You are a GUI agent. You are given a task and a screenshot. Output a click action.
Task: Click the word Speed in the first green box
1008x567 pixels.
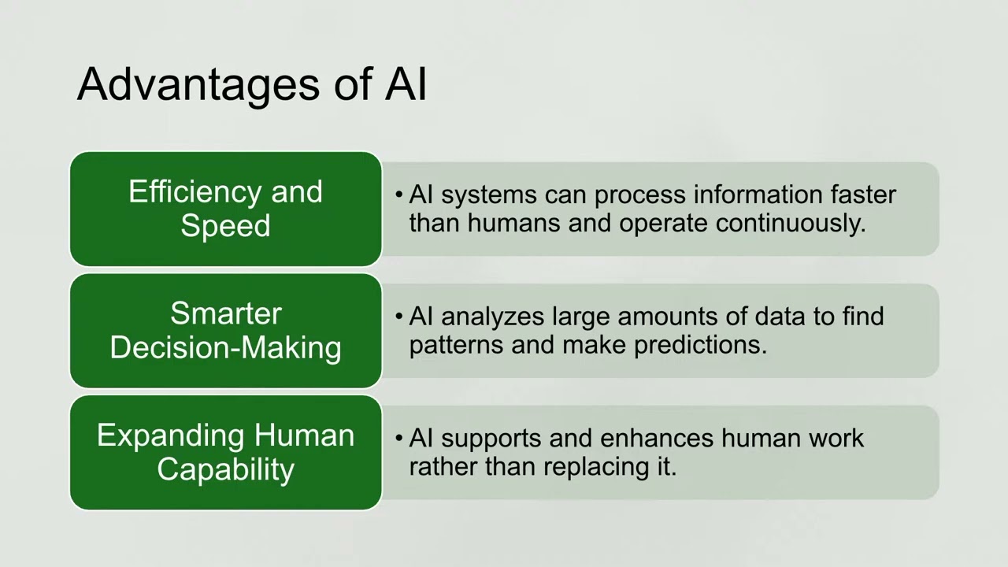[225, 226]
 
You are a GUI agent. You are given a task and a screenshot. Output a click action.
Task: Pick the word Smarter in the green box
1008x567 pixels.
[225, 313]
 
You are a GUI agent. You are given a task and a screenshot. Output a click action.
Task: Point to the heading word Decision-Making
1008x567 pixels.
[225, 347]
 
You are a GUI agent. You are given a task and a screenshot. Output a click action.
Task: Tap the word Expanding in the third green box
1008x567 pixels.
[169, 435]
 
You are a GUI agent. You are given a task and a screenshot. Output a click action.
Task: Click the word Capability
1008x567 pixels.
[225, 469]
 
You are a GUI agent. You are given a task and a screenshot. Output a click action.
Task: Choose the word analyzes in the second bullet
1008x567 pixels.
[493, 316]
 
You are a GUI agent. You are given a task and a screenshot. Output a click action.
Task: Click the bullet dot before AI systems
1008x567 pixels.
[399, 195]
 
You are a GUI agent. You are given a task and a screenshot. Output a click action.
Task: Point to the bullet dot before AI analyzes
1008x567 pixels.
[399, 317]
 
